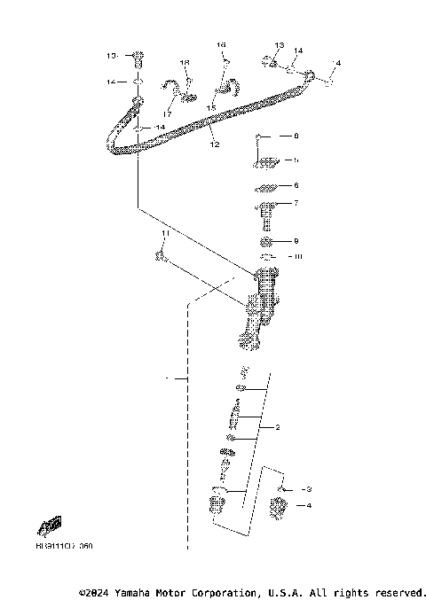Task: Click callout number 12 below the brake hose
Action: tap(213, 144)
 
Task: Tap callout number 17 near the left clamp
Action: tap(168, 113)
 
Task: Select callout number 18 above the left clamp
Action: tap(185, 63)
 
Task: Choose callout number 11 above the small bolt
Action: tap(164, 232)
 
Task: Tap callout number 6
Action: tap(296, 186)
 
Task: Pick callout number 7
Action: tap(296, 204)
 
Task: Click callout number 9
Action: tap(296, 241)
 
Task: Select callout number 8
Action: tap(296, 136)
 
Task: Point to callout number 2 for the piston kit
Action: tap(277, 427)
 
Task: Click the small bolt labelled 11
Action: tap(160, 257)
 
